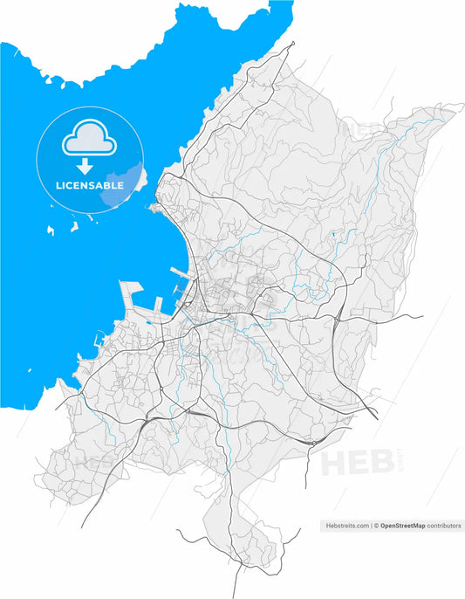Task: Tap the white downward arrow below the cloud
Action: click(x=85, y=166)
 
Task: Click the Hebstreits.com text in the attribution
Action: click(x=346, y=526)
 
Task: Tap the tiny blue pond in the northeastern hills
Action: click(x=332, y=234)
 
